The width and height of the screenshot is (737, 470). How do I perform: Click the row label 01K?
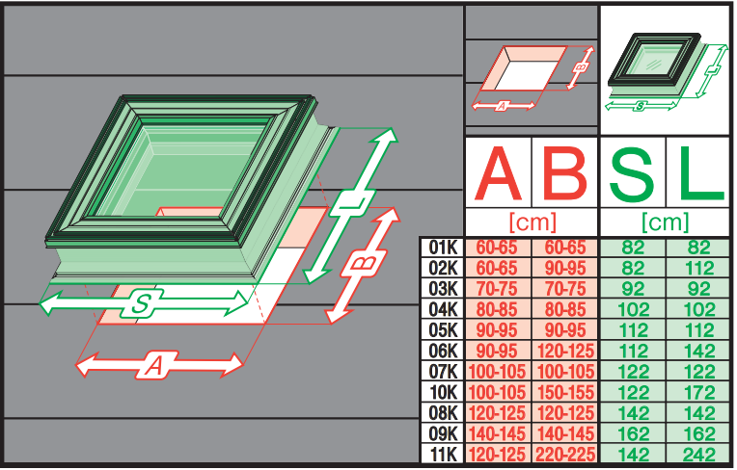pos(443,248)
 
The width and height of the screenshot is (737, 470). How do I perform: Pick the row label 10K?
pos(443,392)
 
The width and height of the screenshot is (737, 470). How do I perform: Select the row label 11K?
pos(443,455)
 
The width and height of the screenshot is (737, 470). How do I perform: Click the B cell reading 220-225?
pos(564,455)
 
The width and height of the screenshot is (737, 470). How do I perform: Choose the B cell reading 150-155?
pos(564,392)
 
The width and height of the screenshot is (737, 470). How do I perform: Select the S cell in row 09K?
pos(632,433)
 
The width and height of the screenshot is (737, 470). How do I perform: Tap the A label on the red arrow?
pos(154,365)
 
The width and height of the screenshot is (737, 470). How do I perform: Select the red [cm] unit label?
pos(531,222)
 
